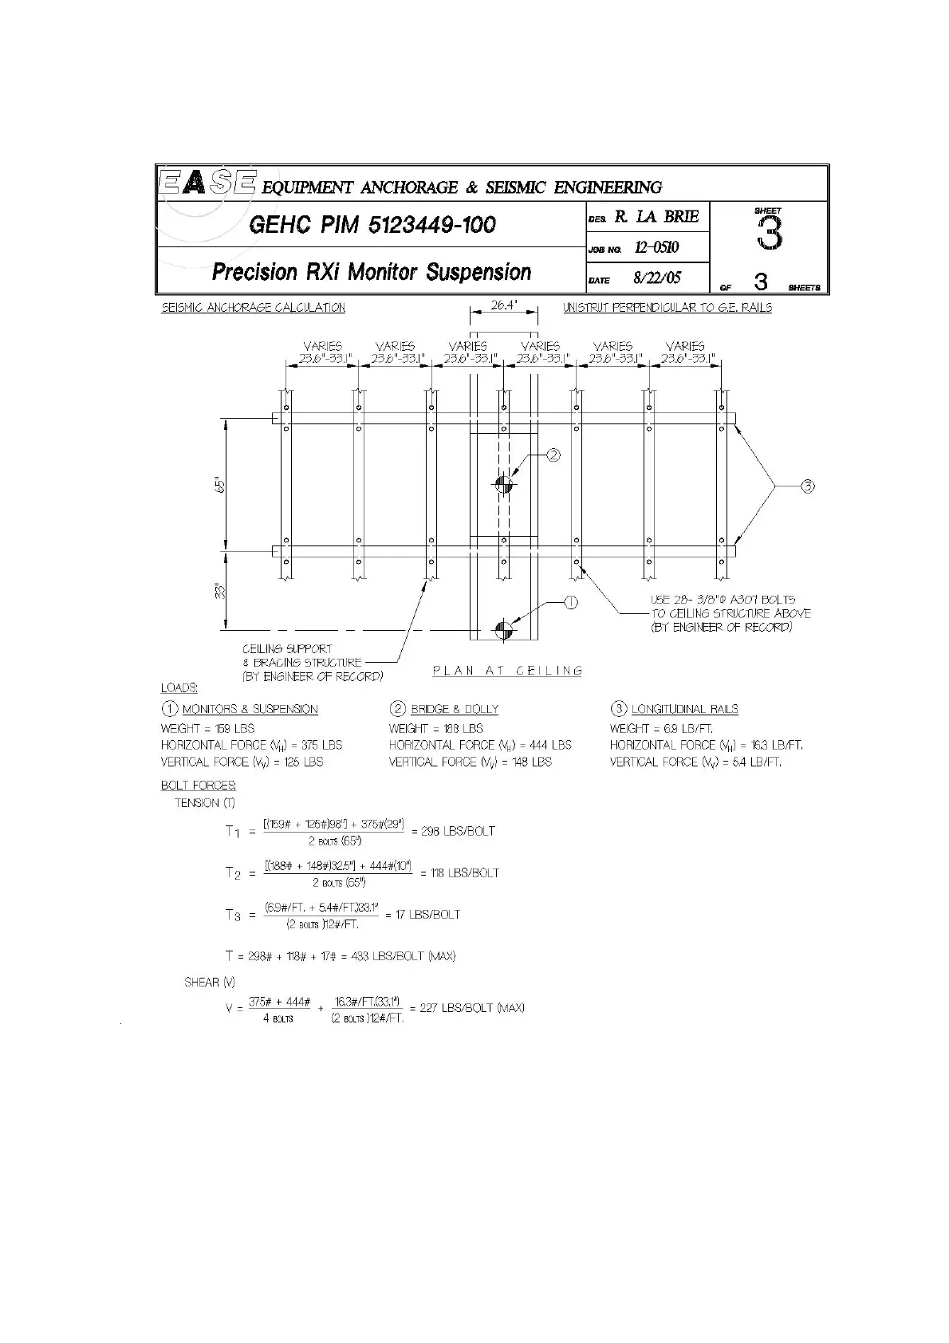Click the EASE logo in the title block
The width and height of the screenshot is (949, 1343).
tap(207, 183)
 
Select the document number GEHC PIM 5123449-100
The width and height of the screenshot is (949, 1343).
tap(372, 225)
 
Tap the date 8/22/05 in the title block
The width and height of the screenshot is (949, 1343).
tap(657, 279)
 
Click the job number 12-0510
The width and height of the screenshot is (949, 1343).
tap(656, 247)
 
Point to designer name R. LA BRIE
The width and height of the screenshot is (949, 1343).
tap(656, 216)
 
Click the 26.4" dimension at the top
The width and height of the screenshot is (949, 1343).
tap(503, 305)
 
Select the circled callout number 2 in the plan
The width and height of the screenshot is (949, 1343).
tap(553, 455)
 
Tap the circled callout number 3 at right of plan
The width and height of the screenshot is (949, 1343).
tap(807, 486)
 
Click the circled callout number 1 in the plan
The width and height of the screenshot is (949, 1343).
tap(570, 603)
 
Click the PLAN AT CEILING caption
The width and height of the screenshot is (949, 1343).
tap(507, 671)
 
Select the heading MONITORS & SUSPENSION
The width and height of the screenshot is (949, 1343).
tap(250, 709)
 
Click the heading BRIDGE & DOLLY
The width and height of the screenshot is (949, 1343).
tap(455, 709)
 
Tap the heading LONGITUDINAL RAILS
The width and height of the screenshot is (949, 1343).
tap(684, 709)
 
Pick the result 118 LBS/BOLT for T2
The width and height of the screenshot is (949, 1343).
tap(460, 872)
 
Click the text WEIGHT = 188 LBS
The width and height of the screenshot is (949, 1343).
tap(435, 728)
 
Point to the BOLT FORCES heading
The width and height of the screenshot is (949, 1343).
tap(199, 786)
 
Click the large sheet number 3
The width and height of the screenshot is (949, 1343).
tap(769, 233)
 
